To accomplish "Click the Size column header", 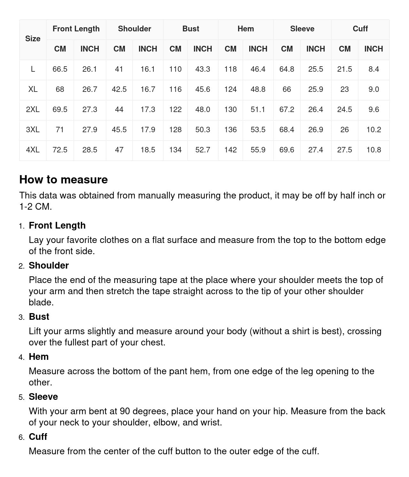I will [33, 39].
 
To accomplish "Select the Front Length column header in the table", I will [76, 29].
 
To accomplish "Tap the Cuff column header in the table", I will [360, 29].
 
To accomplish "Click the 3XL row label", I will [33, 130].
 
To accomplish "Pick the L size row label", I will [33, 69].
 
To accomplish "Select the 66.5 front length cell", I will [60, 69].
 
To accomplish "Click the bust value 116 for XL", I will [175, 89].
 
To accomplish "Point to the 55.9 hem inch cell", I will [258, 150].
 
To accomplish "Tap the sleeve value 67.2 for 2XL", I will [287, 109].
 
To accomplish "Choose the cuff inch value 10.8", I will [374, 150].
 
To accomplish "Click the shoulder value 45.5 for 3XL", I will [119, 130].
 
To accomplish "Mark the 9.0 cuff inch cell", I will [374, 89].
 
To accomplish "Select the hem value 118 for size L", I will [230, 69].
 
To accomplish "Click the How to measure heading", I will [64, 180].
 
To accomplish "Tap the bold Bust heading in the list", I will [39, 317].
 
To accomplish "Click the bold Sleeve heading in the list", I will [43, 397].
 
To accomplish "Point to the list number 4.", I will [21, 357].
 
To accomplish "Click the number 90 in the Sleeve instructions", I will [125, 411].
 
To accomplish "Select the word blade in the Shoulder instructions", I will [41, 302].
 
